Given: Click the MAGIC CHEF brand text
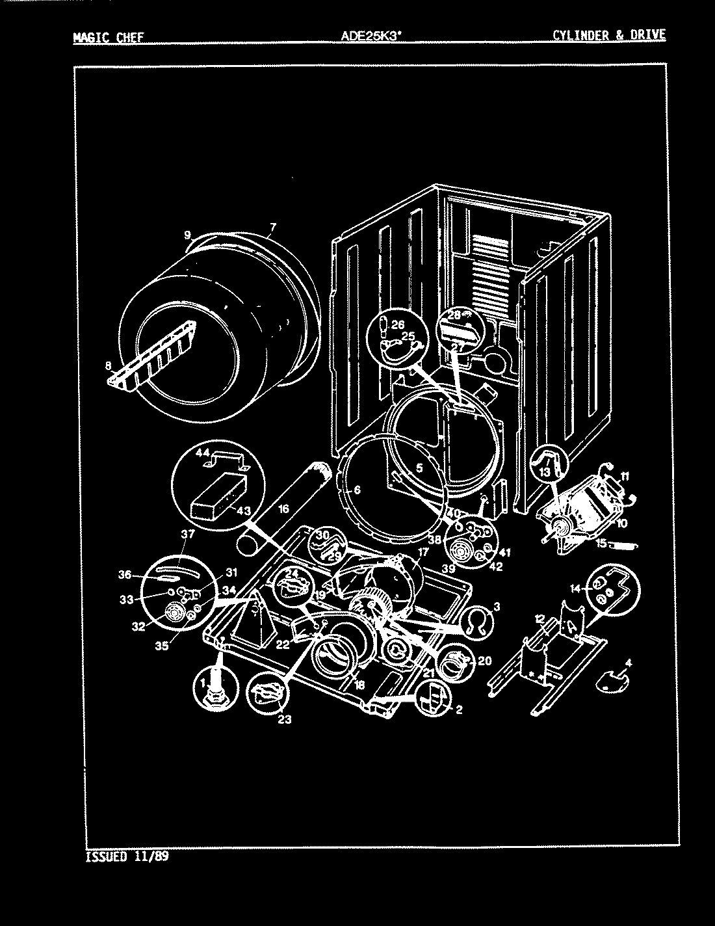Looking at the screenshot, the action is click(x=108, y=37).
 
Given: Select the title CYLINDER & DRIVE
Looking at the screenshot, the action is click(x=609, y=35).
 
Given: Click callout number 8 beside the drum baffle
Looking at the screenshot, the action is click(x=108, y=365).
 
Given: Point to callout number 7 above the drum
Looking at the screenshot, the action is click(x=272, y=227).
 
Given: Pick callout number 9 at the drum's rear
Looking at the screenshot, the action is click(x=188, y=235).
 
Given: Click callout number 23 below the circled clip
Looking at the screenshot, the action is click(x=284, y=719).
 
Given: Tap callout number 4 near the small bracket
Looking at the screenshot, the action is click(x=628, y=663).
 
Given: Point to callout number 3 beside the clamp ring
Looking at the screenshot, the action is click(x=497, y=607).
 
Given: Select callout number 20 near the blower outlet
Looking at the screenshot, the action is click(x=484, y=661).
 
